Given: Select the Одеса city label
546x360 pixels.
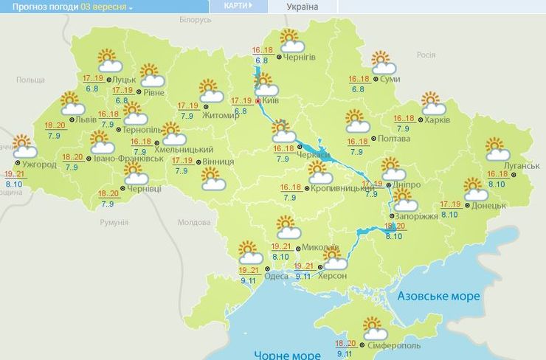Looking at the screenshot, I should [x=276, y=276].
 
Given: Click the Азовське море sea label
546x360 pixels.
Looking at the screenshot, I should [x=438, y=296].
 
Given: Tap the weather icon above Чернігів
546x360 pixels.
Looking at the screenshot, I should [x=291, y=40].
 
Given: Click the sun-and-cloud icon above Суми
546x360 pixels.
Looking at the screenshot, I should [x=381, y=62].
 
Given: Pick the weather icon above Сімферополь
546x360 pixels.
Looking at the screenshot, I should [x=375, y=328].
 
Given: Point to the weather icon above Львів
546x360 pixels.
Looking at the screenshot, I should [x=70, y=103].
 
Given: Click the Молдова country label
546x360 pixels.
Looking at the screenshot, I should [x=194, y=222].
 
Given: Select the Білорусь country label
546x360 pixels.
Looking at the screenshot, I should [x=195, y=20].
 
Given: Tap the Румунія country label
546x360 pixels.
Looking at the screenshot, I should [x=114, y=222].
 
